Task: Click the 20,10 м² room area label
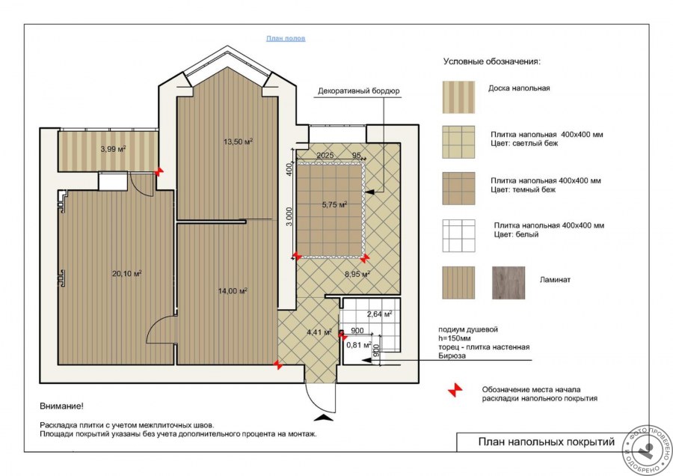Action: pyautogui.click(x=127, y=273)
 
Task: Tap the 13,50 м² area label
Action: pyautogui.click(x=238, y=141)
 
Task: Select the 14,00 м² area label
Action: pyautogui.click(x=233, y=291)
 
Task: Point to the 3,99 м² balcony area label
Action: pyautogui.click(x=114, y=149)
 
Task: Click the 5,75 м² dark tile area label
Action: pyautogui.click(x=335, y=205)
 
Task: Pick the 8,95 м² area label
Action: pyautogui.click(x=357, y=274)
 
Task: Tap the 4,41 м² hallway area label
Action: pyautogui.click(x=319, y=332)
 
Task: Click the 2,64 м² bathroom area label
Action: pyautogui.click(x=380, y=314)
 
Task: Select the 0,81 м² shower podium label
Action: pyautogui.click(x=359, y=344)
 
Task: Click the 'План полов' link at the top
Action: pyautogui.click(x=286, y=38)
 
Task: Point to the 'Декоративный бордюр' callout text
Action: pyautogui.click(x=359, y=91)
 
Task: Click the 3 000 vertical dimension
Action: pyautogui.click(x=289, y=216)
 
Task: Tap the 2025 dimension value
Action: pyautogui.click(x=325, y=155)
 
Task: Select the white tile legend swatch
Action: pyautogui.click(x=459, y=236)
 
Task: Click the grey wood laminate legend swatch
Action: pyautogui.click(x=508, y=283)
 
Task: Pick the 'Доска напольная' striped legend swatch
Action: pyautogui.click(x=459, y=97)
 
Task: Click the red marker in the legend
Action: pyautogui.click(x=455, y=390)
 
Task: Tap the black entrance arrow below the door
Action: pyautogui.click(x=324, y=417)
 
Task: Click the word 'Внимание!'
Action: pyautogui.click(x=62, y=406)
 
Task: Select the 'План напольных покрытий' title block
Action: pyautogui.click(x=547, y=442)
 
